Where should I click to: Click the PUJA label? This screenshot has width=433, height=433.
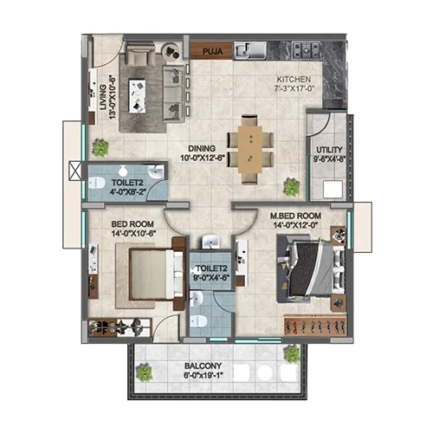click(x=212, y=52)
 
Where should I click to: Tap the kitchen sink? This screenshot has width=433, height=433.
click(x=250, y=50)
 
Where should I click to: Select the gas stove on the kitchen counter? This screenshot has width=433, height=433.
click(x=306, y=49)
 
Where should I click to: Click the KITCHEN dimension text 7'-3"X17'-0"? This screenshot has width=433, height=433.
click(x=294, y=88)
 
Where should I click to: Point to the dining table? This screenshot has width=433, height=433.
click(x=250, y=150)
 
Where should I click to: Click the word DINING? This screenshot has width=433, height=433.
click(x=202, y=149)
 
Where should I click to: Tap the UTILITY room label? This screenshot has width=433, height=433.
click(x=329, y=150)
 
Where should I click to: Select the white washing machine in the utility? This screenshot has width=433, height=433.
click(x=333, y=189)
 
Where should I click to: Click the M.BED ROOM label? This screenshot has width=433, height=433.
click(x=295, y=216)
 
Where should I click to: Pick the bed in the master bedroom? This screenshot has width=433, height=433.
click(x=312, y=269)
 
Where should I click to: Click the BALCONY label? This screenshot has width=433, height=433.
click(x=203, y=366)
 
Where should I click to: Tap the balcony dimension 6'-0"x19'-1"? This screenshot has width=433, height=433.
click(x=204, y=376)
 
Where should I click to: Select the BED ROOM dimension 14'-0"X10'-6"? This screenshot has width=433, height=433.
click(x=133, y=233)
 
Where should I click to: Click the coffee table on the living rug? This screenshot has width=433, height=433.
click(x=138, y=96)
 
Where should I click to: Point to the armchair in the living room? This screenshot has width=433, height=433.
click(x=139, y=54)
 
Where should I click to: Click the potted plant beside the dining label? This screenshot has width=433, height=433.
click(x=292, y=187)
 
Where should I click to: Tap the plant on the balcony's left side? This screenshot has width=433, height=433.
click(x=144, y=372)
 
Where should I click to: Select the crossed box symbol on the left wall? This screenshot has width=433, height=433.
click(x=75, y=171)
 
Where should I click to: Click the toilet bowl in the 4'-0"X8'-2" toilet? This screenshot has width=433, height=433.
click(x=96, y=183)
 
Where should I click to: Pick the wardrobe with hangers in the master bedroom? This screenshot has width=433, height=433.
click(x=314, y=326)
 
